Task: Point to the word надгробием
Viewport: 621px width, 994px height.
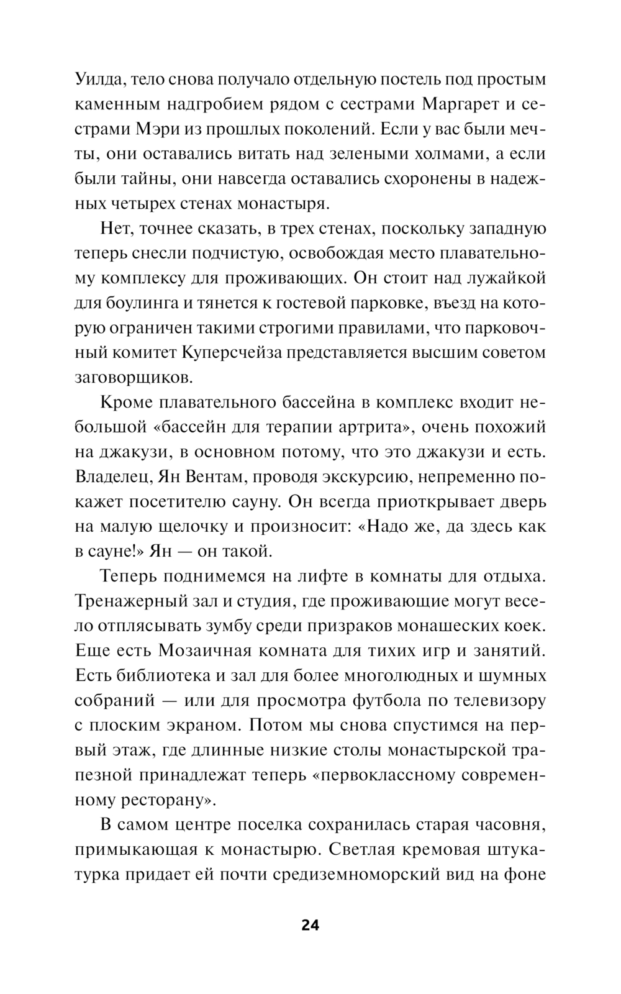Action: [221, 104]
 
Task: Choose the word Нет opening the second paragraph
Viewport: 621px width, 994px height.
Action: [116, 229]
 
